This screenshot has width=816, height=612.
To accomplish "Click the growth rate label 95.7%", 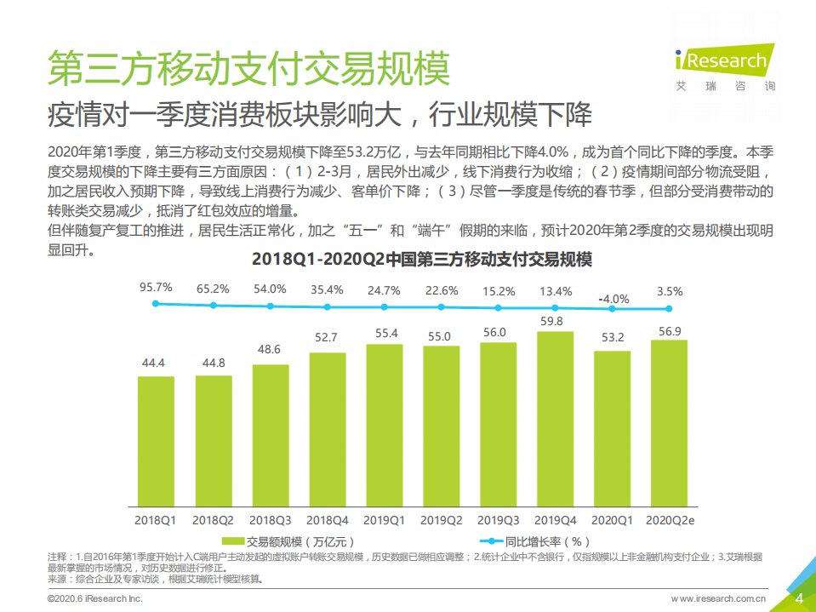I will point(156,288).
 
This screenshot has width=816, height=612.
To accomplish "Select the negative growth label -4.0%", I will point(613,299).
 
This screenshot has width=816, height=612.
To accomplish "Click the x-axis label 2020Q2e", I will point(670,518).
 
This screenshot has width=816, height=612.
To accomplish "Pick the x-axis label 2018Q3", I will point(270,518).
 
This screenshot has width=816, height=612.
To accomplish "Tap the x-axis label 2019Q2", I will point(441,518).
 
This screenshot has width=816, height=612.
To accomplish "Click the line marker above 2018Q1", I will point(156,304).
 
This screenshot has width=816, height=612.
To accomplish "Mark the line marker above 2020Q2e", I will point(669,309).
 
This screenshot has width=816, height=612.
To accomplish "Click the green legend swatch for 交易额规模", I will point(231,541).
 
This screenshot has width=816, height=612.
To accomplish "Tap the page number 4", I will point(798,598).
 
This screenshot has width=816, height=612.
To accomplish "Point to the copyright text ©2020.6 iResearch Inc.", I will point(94,599).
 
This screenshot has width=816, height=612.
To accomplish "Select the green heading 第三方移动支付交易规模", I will point(248,68).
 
